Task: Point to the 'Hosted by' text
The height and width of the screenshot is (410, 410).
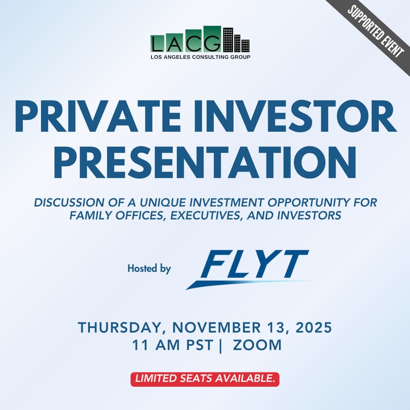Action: [x=149, y=268]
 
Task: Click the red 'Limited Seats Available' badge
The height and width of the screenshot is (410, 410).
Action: [x=204, y=379]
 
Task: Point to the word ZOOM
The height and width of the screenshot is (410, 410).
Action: [x=257, y=345]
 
